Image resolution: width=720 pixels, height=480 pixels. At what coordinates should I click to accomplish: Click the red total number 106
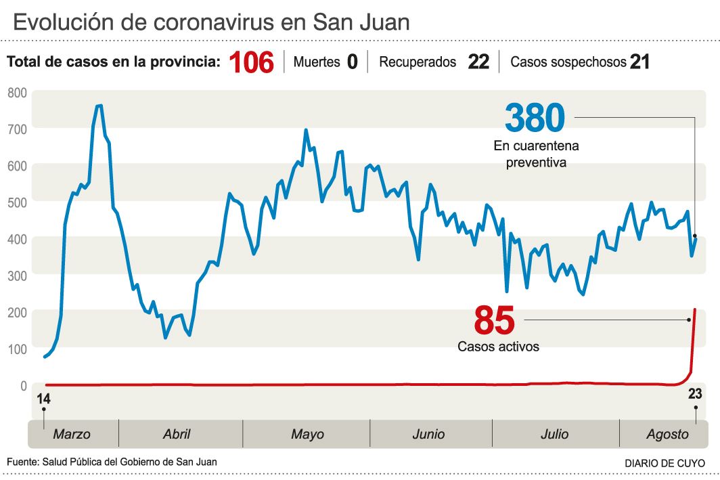(251, 62)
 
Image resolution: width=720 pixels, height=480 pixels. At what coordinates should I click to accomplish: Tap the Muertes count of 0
(352, 62)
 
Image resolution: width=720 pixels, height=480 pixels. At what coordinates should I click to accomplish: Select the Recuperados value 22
(478, 62)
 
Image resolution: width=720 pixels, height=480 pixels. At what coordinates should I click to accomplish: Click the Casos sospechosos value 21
(639, 62)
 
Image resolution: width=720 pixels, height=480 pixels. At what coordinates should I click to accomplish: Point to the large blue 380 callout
(535, 118)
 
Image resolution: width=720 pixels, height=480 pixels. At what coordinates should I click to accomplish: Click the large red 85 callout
(494, 320)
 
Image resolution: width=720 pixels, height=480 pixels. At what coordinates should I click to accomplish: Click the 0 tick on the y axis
(23, 386)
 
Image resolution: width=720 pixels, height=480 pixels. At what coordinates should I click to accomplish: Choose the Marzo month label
(72, 435)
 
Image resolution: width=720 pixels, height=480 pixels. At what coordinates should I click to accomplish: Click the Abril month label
(177, 435)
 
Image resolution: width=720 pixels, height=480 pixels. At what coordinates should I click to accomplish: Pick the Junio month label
(428, 435)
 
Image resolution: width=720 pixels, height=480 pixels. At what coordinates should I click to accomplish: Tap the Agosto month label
(667, 435)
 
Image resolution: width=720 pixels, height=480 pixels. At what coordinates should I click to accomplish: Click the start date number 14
(44, 399)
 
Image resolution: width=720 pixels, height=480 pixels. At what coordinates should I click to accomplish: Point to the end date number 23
(695, 394)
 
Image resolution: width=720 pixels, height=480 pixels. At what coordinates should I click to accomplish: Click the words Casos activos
(498, 347)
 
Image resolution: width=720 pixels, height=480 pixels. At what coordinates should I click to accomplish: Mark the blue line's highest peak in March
(99, 105)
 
